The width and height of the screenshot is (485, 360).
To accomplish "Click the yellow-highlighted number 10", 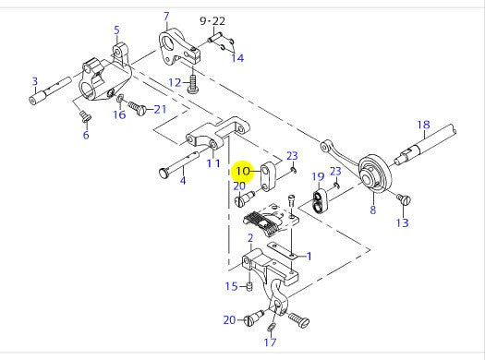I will pos(244,171).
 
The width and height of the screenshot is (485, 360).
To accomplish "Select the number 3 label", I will pos(34,81).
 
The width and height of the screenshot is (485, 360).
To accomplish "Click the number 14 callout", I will pos(238,58).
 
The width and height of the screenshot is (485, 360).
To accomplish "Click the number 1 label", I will pos(308,256).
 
